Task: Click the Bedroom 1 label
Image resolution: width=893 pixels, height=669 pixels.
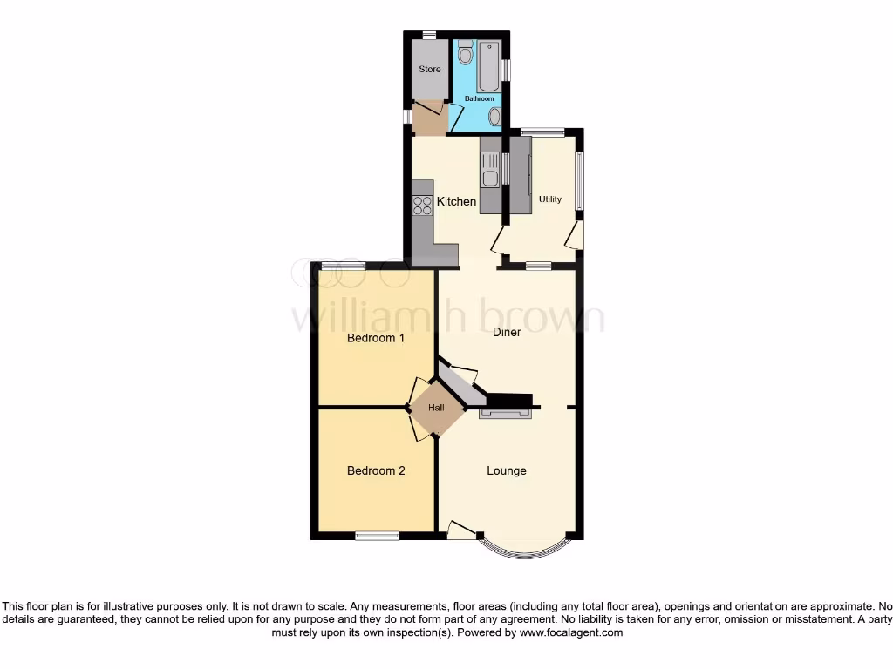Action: point(376,338)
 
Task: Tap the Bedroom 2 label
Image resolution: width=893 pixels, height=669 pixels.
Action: point(376,471)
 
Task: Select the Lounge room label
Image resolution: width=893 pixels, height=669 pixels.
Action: point(507,471)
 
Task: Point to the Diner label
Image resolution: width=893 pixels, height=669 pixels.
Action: point(507,332)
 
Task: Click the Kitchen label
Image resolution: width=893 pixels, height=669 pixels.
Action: point(456,202)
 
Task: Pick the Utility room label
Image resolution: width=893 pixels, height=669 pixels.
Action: point(550,199)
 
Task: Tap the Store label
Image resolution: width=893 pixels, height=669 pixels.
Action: point(430,70)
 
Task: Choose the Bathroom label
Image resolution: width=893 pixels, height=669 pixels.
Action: point(479,99)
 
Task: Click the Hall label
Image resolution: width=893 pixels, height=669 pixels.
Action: point(436,408)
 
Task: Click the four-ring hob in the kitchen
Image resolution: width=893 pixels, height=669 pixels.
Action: point(422,206)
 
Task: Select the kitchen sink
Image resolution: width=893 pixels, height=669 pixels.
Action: point(490,169)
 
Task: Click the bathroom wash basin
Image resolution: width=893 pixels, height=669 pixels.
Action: point(494,117)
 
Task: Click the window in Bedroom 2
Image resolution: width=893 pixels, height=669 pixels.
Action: point(377,536)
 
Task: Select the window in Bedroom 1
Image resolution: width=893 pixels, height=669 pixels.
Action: point(342,265)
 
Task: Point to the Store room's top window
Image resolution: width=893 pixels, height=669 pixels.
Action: point(430,35)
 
